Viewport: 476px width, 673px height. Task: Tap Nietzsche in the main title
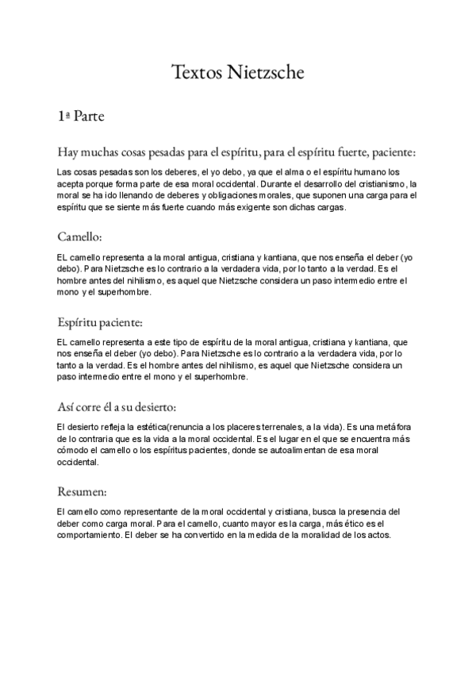tap(266, 73)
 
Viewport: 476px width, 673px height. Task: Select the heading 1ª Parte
tap(81, 116)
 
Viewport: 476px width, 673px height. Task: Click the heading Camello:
tap(80, 237)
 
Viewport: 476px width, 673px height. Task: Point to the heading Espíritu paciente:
tap(100, 322)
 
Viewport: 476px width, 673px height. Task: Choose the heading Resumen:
tap(83, 492)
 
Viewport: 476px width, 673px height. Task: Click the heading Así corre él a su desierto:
tap(117, 408)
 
